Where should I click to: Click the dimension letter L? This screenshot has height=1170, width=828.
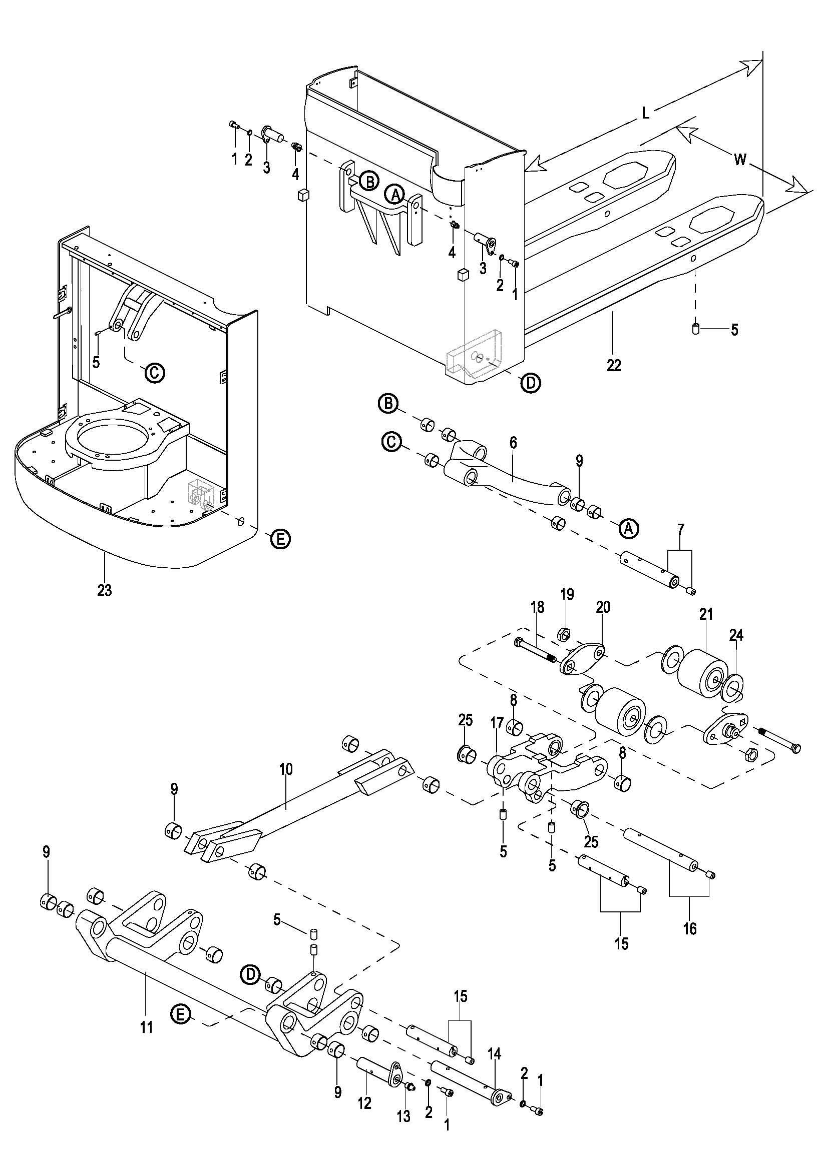coord(645,113)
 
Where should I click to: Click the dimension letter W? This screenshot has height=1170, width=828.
coord(740,160)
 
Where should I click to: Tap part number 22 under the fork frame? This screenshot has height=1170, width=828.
coord(614,365)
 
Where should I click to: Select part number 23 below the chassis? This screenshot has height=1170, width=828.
coord(105,590)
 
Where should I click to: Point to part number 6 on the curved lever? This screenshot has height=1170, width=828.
coord(513,442)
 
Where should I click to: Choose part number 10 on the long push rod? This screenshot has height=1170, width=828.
coord(286,769)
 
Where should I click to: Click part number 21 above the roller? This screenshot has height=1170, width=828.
coord(706,615)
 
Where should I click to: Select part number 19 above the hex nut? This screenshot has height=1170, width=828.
coord(567,594)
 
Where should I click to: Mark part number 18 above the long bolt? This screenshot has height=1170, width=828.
coord(537,607)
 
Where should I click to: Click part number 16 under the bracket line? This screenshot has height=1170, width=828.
coord(689,928)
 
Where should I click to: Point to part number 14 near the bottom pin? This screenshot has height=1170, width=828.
coord(495,1053)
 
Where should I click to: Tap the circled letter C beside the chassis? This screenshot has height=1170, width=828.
coord(154,373)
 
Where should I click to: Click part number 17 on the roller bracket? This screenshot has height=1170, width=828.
coord(497,723)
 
